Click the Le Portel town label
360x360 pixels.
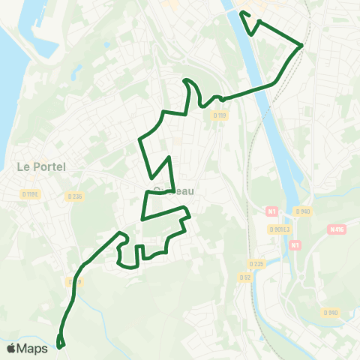pos(41,166)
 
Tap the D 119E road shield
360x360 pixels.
pos(30,193)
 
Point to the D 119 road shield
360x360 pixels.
pos(219,115)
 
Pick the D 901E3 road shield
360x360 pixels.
pos(278,230)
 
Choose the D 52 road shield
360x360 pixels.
pos(244,277)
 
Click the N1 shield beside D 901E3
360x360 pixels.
pos(272,211)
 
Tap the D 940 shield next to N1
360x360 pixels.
pos(302,211)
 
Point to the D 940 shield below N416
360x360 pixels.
pos(331,312)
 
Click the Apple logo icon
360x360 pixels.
pos(11,348)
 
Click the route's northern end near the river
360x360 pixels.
pos(241,13)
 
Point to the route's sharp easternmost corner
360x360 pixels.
pos(301,45)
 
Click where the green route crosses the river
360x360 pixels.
pos(262,89)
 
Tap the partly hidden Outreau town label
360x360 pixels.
pos(172,191)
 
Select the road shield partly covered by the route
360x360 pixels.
pos(74,281)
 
